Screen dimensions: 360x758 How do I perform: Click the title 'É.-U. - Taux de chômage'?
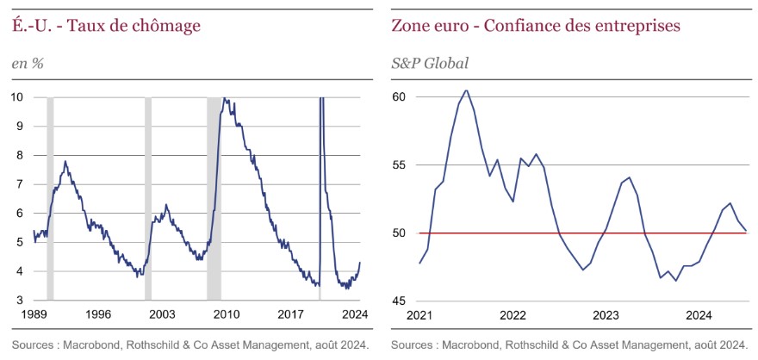coord(106,26)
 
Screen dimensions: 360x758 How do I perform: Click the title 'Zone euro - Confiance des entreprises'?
coord(536,26)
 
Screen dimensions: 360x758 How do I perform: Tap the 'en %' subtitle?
coord(28,63)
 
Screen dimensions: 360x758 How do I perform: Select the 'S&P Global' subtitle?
coord(431,63)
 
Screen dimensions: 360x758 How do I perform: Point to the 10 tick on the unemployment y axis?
coord(17,96)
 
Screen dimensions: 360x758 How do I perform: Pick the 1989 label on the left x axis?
coord(34,314)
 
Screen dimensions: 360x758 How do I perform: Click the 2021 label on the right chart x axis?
coord(419,314)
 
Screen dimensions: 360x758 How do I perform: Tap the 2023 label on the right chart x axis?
coord(606,314)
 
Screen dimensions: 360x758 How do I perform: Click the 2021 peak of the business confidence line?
coord(466,90)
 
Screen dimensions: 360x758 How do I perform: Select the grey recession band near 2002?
coord(147,198)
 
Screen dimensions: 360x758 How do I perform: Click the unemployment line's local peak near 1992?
coord(65,162)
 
